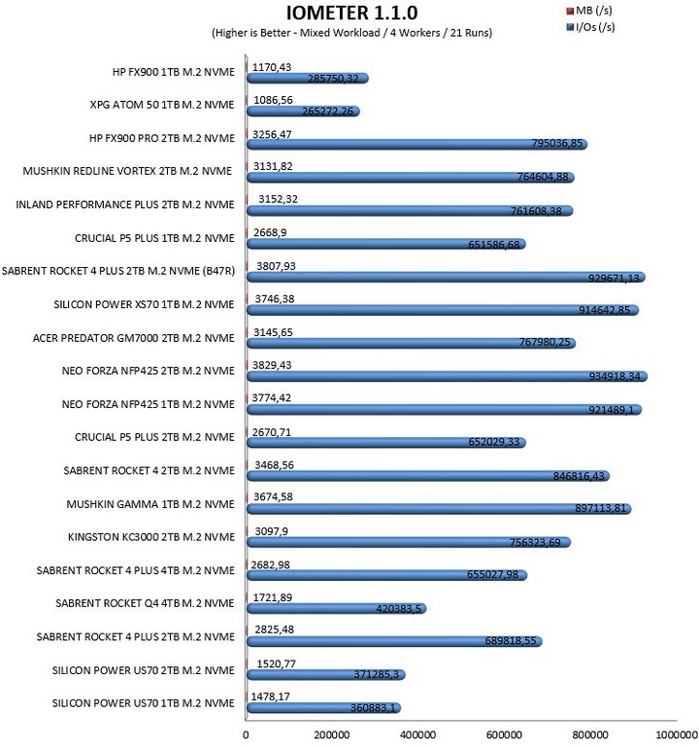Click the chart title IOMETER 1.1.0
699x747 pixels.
[x=351, y=13]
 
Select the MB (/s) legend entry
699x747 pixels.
[x=589, y=10]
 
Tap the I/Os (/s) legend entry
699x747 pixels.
[x=590, y=26]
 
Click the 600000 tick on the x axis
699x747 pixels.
[x=504, y=735]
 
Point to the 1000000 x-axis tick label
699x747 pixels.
[x=677, y=735]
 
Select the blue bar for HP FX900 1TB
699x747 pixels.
[x=308, y=78]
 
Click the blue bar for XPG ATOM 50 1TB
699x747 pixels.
[x=303, y=112]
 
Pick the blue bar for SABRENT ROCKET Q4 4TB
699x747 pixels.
[x=337, y=608]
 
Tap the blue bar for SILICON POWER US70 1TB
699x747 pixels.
[x=324, y=708]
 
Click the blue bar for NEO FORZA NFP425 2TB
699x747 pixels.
[x=448, y=376]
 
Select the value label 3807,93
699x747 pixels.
[x=276, y=266]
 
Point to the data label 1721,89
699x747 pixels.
[x=273, y=597]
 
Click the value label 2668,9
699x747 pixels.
[x=270, y=232]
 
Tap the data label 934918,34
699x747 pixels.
[x=615, y=376]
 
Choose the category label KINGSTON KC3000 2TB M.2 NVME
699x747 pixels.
[x=151, y=537]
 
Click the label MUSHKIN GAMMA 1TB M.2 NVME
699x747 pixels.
[x=150, y=504]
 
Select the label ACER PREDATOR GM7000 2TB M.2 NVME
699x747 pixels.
[x=134, y=338]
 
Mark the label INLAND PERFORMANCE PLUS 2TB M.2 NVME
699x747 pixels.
[x=125, y=205]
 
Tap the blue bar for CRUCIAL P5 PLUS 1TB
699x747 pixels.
[x=386, y=244]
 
